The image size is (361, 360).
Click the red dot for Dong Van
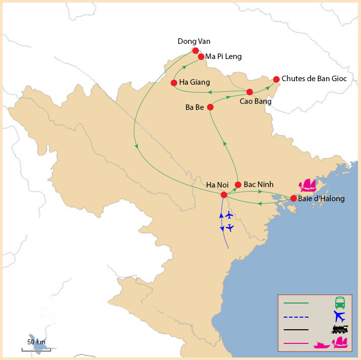(x=195, y=50)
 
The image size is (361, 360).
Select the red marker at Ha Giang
(x=174, y=83)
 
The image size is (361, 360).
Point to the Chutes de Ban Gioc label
(x=314, y=79)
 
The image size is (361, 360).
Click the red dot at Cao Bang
(x=249, y=92)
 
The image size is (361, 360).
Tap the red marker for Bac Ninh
(x=238, y=185)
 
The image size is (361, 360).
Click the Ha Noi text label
(x=218, y=185)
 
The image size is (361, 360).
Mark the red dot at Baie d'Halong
(x=293, y=199)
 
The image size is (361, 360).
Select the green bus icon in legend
(x=340, y=303)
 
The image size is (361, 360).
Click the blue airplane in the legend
(x=340, y=317)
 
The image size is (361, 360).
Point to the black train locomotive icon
(x=340, y=330)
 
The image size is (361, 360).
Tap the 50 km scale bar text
(x=36, y=342)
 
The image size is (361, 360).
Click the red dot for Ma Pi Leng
(x=201, y=57)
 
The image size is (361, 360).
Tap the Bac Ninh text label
(x=259, y=185)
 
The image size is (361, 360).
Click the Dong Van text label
(x=194, y=41)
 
